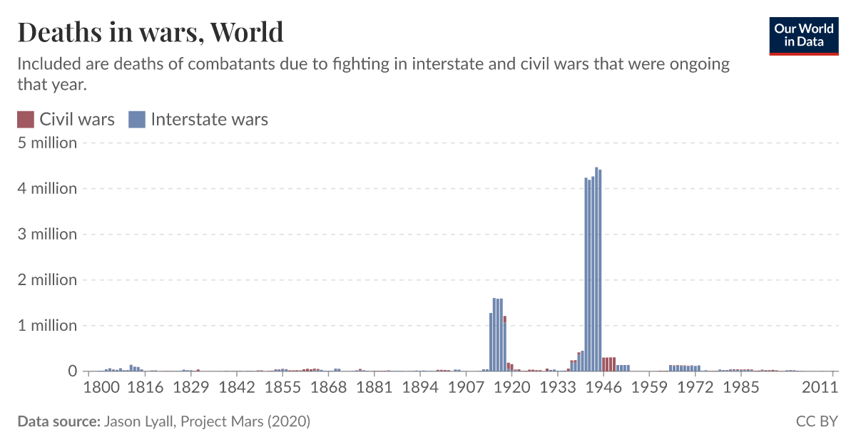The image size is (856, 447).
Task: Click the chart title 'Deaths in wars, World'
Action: point(150,32)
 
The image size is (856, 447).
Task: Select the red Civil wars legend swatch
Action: point(26,120)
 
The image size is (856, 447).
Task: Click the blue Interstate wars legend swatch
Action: point(137,120)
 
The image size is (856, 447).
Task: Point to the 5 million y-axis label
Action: point(47,143)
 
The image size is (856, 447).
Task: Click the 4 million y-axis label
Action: point(47,188)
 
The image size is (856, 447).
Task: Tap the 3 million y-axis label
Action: point(47,234)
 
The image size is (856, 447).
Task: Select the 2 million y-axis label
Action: point(47,279)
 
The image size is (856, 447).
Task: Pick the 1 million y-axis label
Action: point(47,325)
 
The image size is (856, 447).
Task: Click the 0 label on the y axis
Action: point(72,371)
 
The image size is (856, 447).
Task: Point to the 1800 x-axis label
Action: point(101,387)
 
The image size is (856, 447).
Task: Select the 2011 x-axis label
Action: point(819,387)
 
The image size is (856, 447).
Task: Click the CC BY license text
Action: point(817,421)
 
